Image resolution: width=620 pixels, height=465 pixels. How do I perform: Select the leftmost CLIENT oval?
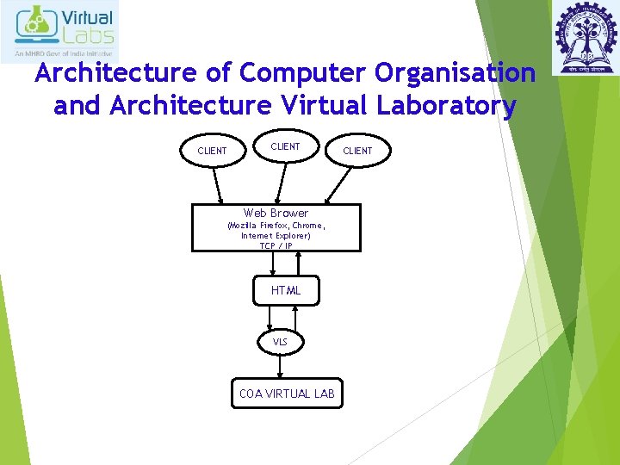pos(212,151)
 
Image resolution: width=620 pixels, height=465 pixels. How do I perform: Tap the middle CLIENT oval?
pos(285,146)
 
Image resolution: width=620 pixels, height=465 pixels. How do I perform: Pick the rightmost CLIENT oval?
pos(357,151)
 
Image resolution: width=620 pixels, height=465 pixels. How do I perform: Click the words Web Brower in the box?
pos(276,213)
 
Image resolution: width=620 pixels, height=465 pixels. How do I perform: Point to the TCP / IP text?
pos(276,245)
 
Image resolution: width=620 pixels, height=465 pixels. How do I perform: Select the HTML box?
pos(286,290)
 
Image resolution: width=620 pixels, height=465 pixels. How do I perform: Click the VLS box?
pos(280,342)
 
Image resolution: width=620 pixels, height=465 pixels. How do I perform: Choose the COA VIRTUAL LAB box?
pos(286,394)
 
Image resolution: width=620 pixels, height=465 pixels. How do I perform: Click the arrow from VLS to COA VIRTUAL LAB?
pos(280,366)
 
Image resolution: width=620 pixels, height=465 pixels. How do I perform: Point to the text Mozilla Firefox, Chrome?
pos(276,226)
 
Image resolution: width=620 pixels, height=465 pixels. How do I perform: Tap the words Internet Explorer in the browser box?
pos(276,235)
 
